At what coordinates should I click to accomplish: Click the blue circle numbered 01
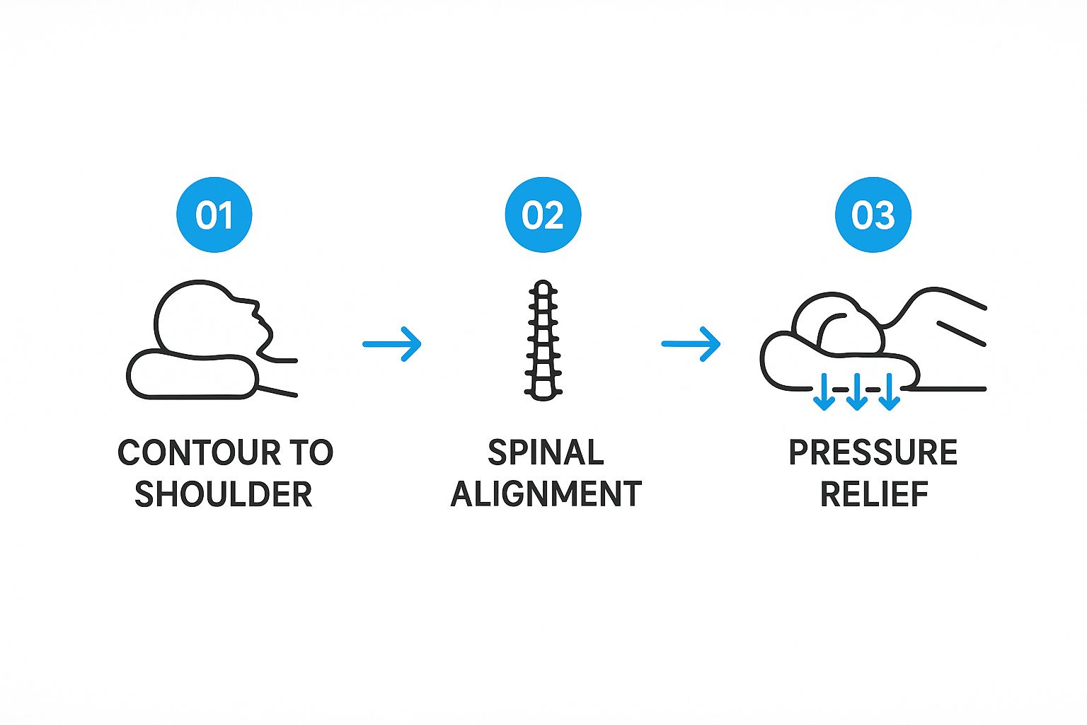214,215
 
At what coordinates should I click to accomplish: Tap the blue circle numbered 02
543,215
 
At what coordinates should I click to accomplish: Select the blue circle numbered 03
873,215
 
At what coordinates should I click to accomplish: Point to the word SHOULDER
224,494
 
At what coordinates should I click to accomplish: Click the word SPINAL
546,452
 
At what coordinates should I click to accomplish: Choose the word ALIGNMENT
546,494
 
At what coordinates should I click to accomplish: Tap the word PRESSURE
873,452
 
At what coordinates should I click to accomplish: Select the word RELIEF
874,494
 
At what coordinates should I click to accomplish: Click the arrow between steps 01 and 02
392,344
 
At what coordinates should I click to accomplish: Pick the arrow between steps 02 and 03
691,344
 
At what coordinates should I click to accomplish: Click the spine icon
543,340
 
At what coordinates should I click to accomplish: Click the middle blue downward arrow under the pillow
856,393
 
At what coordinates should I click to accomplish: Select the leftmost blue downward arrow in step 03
823,393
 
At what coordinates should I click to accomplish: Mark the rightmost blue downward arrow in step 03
889,393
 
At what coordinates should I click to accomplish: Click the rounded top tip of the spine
543,287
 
